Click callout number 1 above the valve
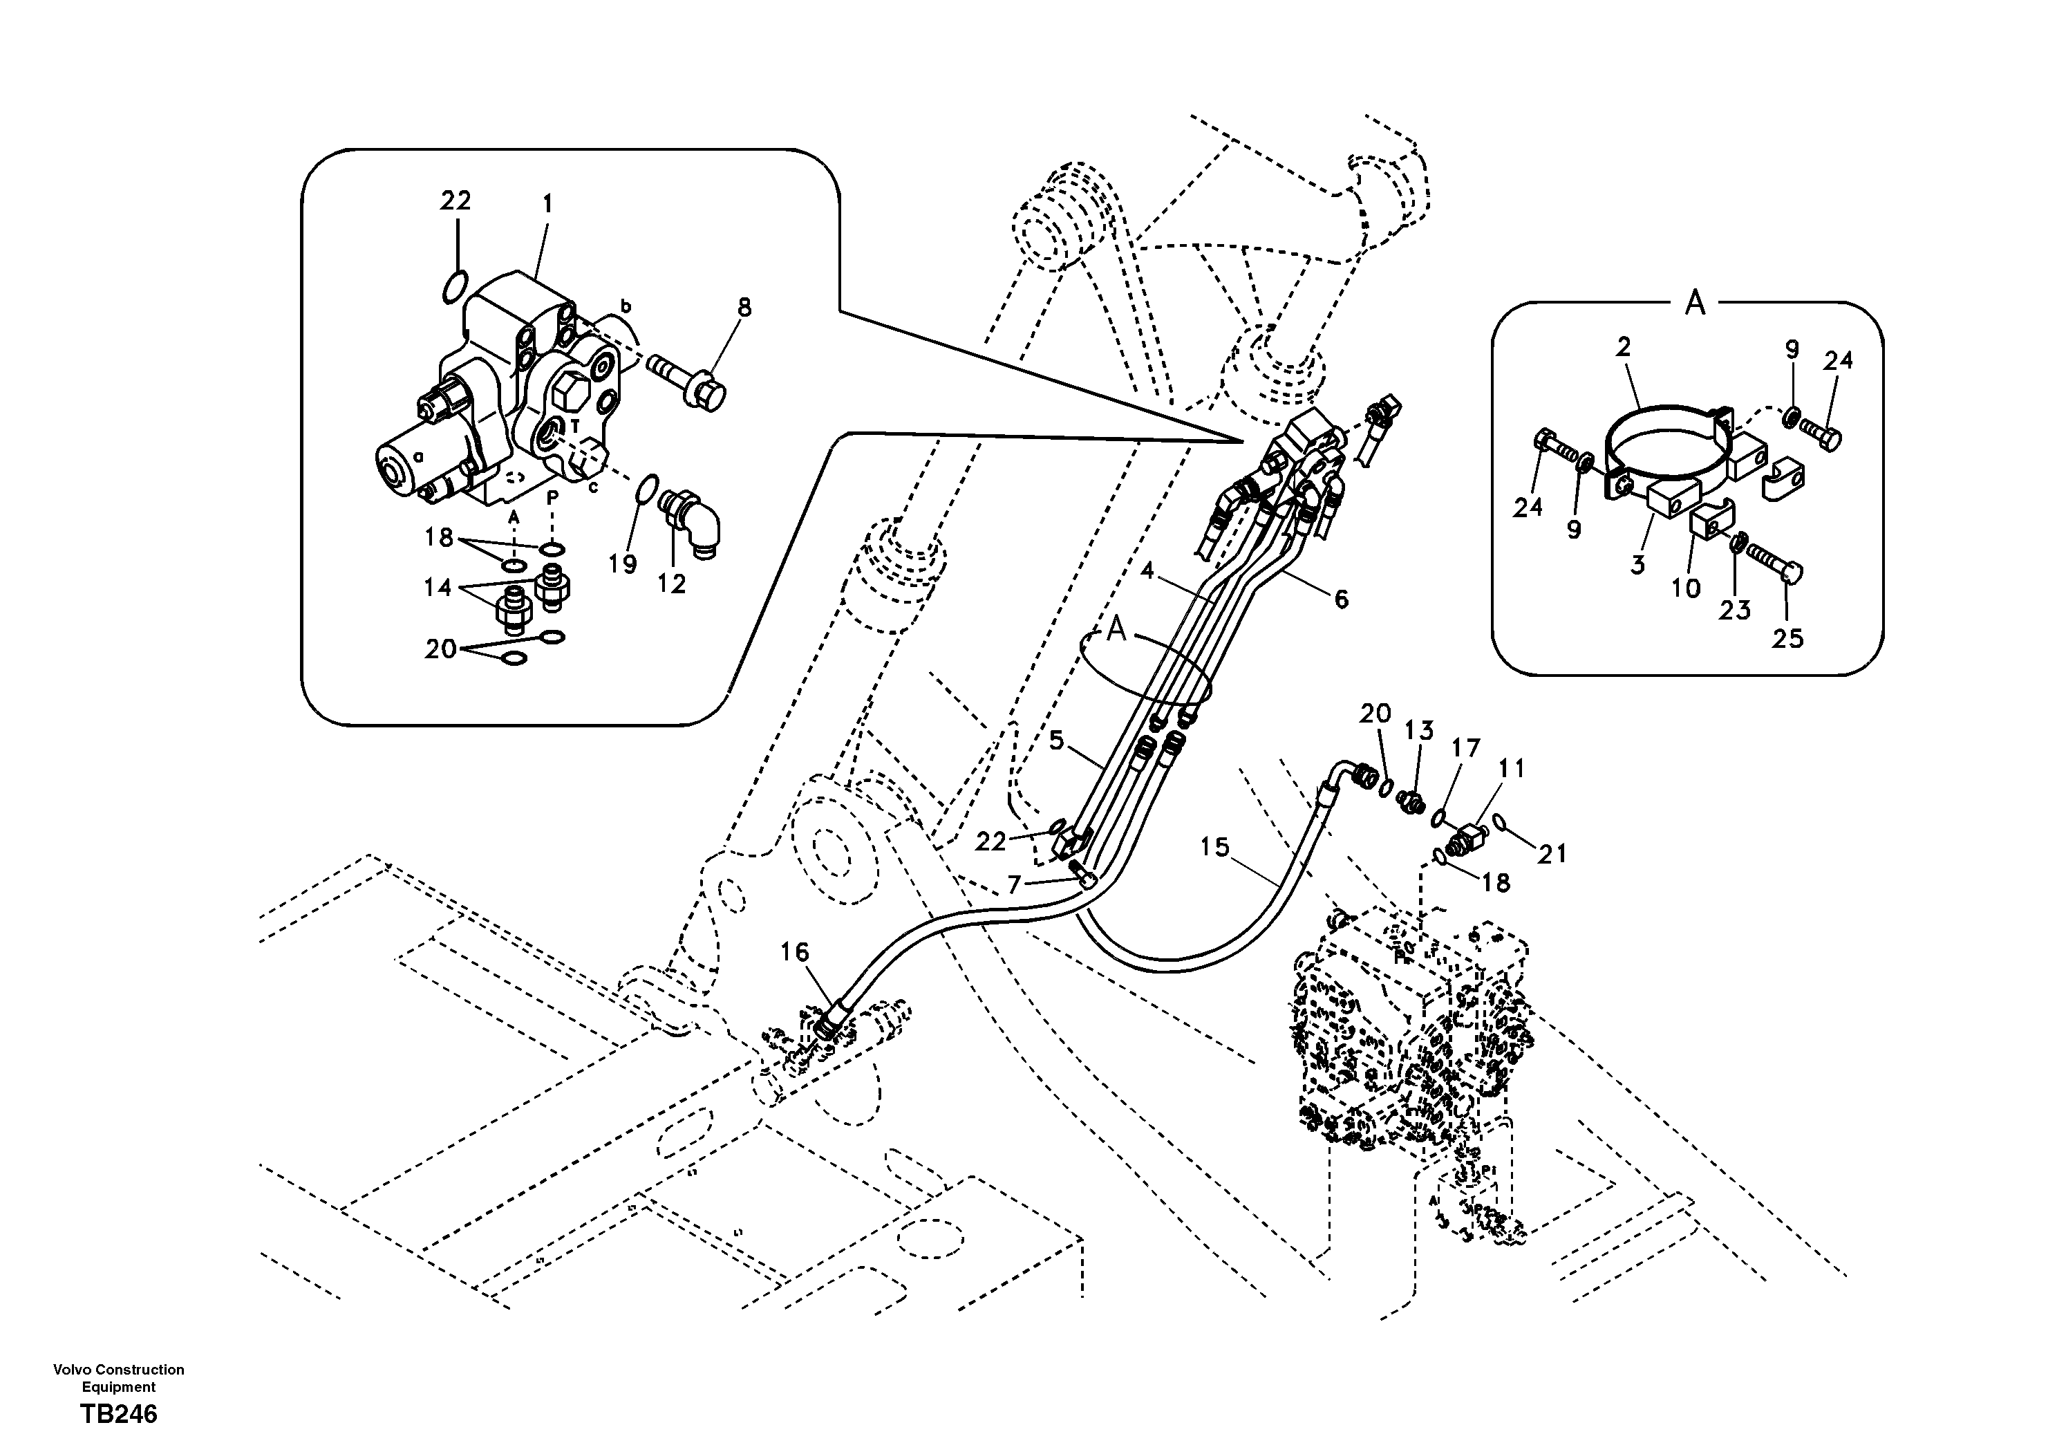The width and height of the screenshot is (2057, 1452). click(x=547, y=205)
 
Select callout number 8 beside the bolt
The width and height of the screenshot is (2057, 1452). click(x=744, y=308)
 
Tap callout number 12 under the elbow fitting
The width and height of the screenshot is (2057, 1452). click(x=671, y=584)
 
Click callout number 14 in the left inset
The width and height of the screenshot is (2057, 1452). click(x=438, y=588)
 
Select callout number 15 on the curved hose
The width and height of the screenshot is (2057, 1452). click(x=1215, y=847)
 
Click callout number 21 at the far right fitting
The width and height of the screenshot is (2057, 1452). click(x=1552, y=854)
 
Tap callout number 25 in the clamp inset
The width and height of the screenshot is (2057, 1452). click(x=1787, y=639)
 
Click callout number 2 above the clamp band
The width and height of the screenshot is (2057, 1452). click(x=1624, y=347)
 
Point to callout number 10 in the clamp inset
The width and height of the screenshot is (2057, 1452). click(x=1686, y=589)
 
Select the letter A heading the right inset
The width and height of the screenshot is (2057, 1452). click(x=1694, y=305)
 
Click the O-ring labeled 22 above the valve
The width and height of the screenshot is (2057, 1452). click(x=454, y=287)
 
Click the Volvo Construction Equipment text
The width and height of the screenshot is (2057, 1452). click(x=118, y=1377)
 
